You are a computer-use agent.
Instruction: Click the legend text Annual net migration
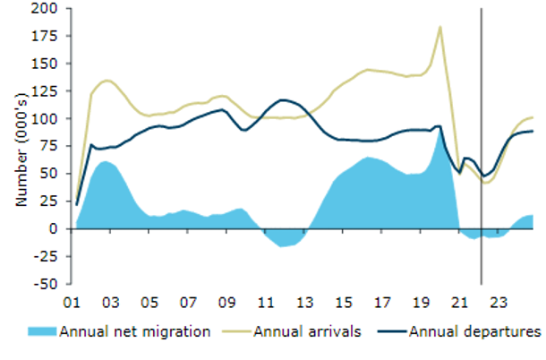pos(134,332)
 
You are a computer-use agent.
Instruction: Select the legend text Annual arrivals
pos(307,332)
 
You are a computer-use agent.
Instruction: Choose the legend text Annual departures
pos(474,332)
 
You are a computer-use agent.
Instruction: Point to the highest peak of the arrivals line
pos(440,27)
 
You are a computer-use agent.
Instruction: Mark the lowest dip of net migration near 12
pos(284,245)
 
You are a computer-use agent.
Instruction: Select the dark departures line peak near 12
pos(284,99)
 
